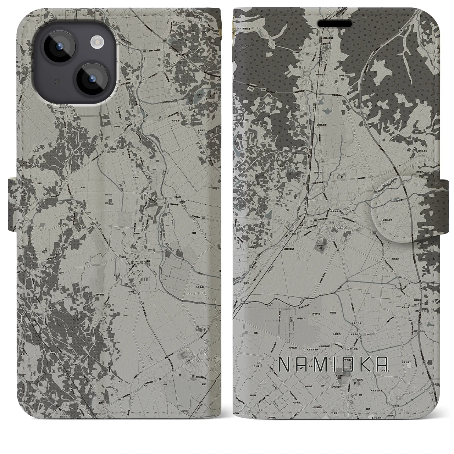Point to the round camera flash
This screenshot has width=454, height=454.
point(96,43)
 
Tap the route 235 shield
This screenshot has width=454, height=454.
point(305,220)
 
